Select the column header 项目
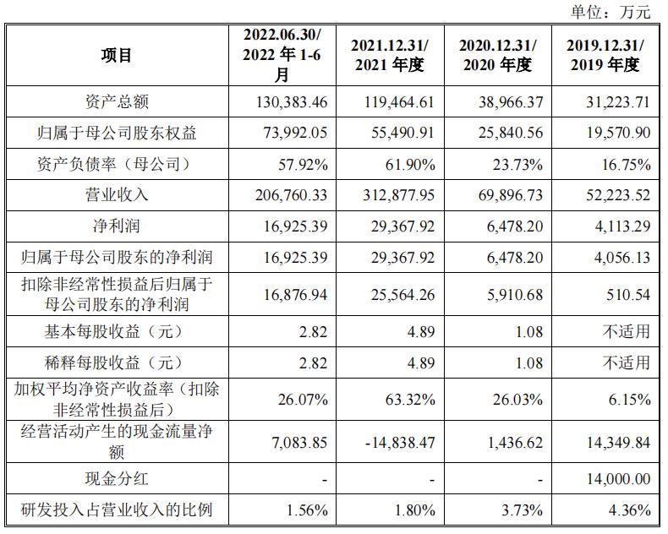[118, 55]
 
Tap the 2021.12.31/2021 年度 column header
[390, 55]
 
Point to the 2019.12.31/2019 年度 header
[605, 55]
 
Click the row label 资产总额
[118, 102]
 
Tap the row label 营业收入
[118, 194]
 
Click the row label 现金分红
[118, 478]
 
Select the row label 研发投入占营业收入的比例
[118, 509]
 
